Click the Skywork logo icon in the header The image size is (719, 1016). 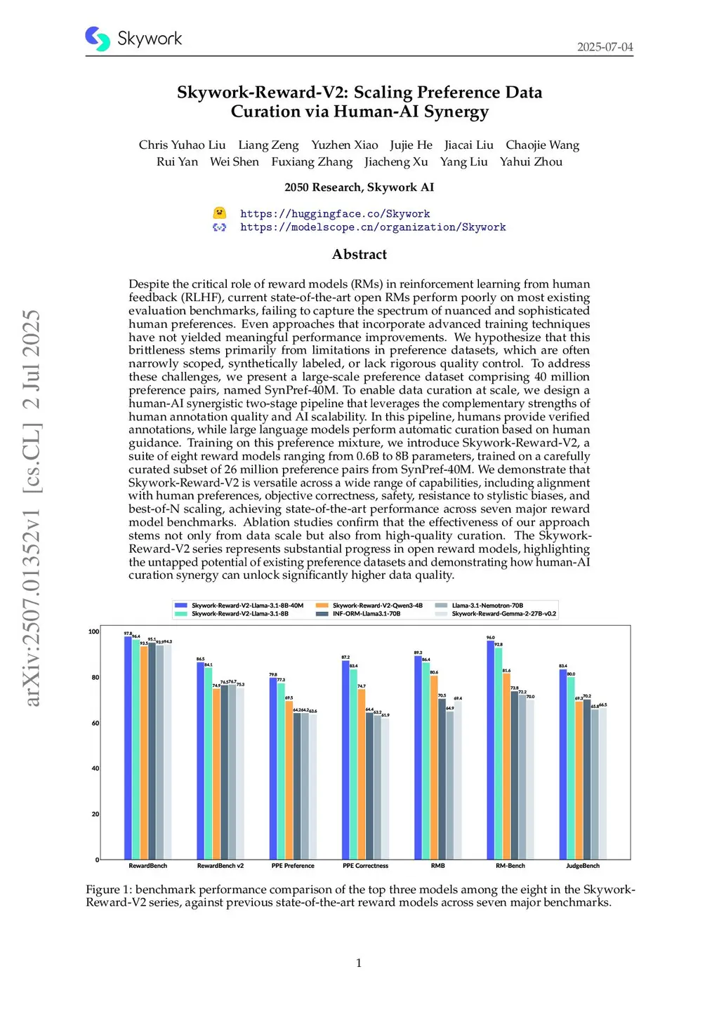[x=98, y=39]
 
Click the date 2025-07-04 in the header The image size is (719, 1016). [x=605, y=47]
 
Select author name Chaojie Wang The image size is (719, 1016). [x=542, y=145]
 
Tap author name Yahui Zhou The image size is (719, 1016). [x=531, y=162]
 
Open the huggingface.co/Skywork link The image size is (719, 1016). [x=335, y=214]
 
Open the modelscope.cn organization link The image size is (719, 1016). [x=373, y=227]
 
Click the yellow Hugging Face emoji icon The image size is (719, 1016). [x=220, y=213]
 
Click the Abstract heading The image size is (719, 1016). [x=359, y=255]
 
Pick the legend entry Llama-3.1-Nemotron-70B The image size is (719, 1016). [x=487, y=606]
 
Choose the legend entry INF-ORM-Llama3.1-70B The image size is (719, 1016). [x=366, y=614]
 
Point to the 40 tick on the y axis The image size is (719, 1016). [x=95, y=769]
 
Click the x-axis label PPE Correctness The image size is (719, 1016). [x=365, y=866]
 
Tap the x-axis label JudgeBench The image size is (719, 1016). [x=582, y=866]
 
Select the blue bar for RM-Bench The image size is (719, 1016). [x=491, y=750]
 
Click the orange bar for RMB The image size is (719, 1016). [x=434, y=767]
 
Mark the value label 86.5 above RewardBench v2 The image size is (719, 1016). [x=200, y=660]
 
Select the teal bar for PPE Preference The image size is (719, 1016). [x=281, y=770]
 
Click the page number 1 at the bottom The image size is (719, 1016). [x=359, y=963]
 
